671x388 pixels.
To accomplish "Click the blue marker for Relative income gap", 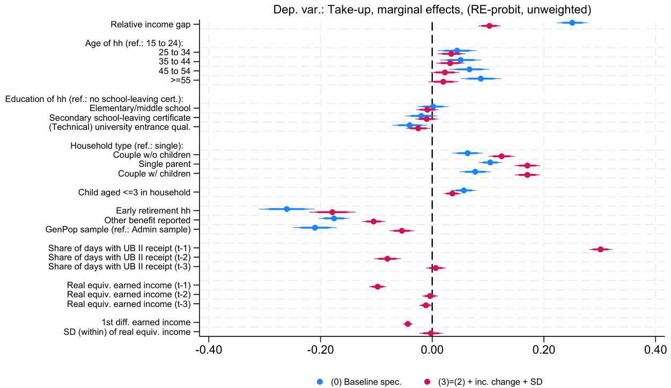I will coord(572,23).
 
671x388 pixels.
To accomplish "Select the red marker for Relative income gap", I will coord(489,26).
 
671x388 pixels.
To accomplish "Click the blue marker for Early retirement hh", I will coord(286,209).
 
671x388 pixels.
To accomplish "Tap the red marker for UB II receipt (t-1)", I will coord(601,249).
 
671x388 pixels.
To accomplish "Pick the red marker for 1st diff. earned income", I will coord(408,324).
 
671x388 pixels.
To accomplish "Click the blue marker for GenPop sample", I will coord(315,228).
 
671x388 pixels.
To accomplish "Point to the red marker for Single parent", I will coord(527,165).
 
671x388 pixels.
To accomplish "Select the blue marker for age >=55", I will coord(481,78).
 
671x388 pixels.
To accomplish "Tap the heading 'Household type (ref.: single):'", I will coord(127,145).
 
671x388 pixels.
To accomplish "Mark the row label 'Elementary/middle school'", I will coord(144,108).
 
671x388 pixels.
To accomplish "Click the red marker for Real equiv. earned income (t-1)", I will coord(378,287).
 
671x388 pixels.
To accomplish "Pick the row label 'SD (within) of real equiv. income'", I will coord(129,332).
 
